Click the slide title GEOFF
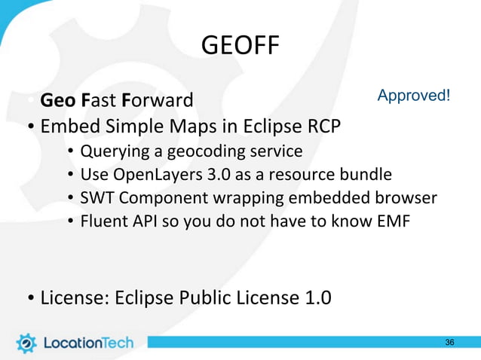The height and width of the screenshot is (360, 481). tap(240, 47)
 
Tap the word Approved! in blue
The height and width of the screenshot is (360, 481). tap(414, 96)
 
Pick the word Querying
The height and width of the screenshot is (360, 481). tap(113, 152)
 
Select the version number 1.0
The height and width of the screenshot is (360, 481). tap(315, 298)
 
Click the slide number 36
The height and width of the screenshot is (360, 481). tap(449, 343)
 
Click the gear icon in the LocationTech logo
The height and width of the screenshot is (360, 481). tap(26, 343)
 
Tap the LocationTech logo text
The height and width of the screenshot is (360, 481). tap(87, 343)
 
